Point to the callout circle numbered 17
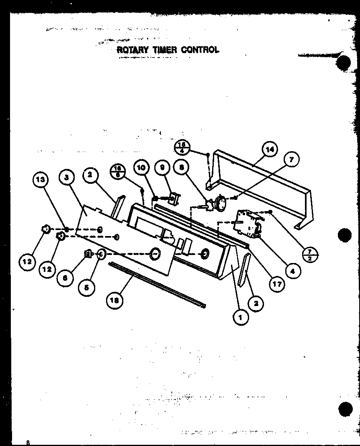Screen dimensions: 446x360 click(x=276, y=284)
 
